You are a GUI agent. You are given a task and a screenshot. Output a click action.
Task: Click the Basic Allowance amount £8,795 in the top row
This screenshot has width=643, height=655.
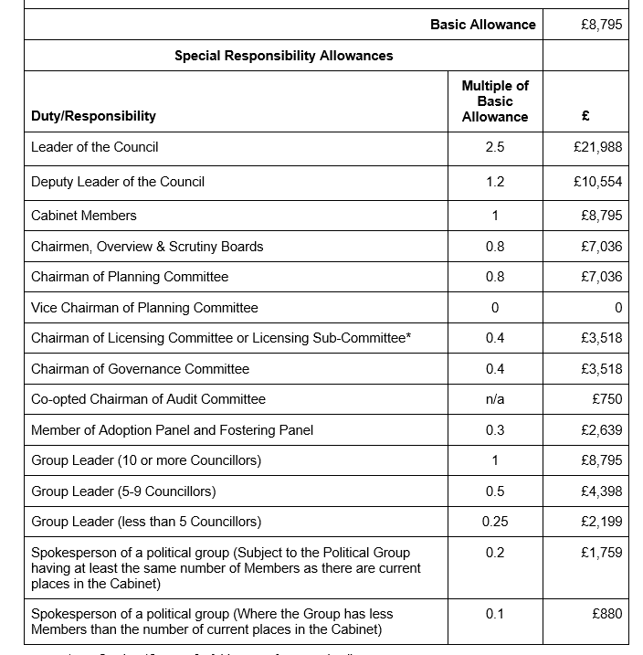pyautogui.click(x=601, y=25)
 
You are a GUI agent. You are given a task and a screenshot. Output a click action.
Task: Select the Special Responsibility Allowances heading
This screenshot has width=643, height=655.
pyautogui.click(x=284, y=56)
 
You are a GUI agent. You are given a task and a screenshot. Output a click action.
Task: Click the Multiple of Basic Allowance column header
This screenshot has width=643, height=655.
pyautogui.click(x=494, y=101)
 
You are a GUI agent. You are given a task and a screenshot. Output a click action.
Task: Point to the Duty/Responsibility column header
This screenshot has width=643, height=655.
pyautogui.click(x=93, y=116)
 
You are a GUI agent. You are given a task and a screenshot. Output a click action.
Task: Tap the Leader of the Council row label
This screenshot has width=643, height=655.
pyautogui.click(x=95, y=147)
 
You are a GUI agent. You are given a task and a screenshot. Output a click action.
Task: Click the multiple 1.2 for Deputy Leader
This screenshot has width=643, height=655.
pyautogui.click(x=494, y=182)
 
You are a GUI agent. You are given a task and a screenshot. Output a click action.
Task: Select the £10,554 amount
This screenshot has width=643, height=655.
pyautogui.click(x=597, y=182)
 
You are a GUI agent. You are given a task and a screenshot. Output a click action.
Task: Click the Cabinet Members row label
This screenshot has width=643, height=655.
pyautogui.click(x=84, y=216)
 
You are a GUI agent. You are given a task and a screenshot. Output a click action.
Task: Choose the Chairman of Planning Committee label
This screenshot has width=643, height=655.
pyautogui.click(x=130, y=277)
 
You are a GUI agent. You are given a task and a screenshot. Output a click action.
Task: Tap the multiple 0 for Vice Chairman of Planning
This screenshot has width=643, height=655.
pyautogui.click(x=494, y=308)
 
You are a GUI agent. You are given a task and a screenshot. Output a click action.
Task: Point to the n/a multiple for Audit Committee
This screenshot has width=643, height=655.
pyautogui.click(x=494, y=399)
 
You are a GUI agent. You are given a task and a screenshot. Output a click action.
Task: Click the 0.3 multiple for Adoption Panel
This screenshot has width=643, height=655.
pyautogui.click(x=494, y=430)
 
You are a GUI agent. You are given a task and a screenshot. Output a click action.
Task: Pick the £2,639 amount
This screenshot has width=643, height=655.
pyautogui.click(x=601, y=430)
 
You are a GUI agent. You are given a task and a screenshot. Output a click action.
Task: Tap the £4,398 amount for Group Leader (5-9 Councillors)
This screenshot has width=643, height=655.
pyautogui.click(x=601, y=491)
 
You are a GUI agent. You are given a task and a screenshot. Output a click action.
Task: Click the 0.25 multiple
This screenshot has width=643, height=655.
pyautogui.click(x=494, y=522)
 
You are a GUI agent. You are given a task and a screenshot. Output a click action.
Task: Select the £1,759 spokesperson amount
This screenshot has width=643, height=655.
pyautogui.click(x=601, y=553)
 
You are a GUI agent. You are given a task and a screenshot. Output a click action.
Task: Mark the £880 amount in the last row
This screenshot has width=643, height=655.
pyautogui.click(x=606, y=614)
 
